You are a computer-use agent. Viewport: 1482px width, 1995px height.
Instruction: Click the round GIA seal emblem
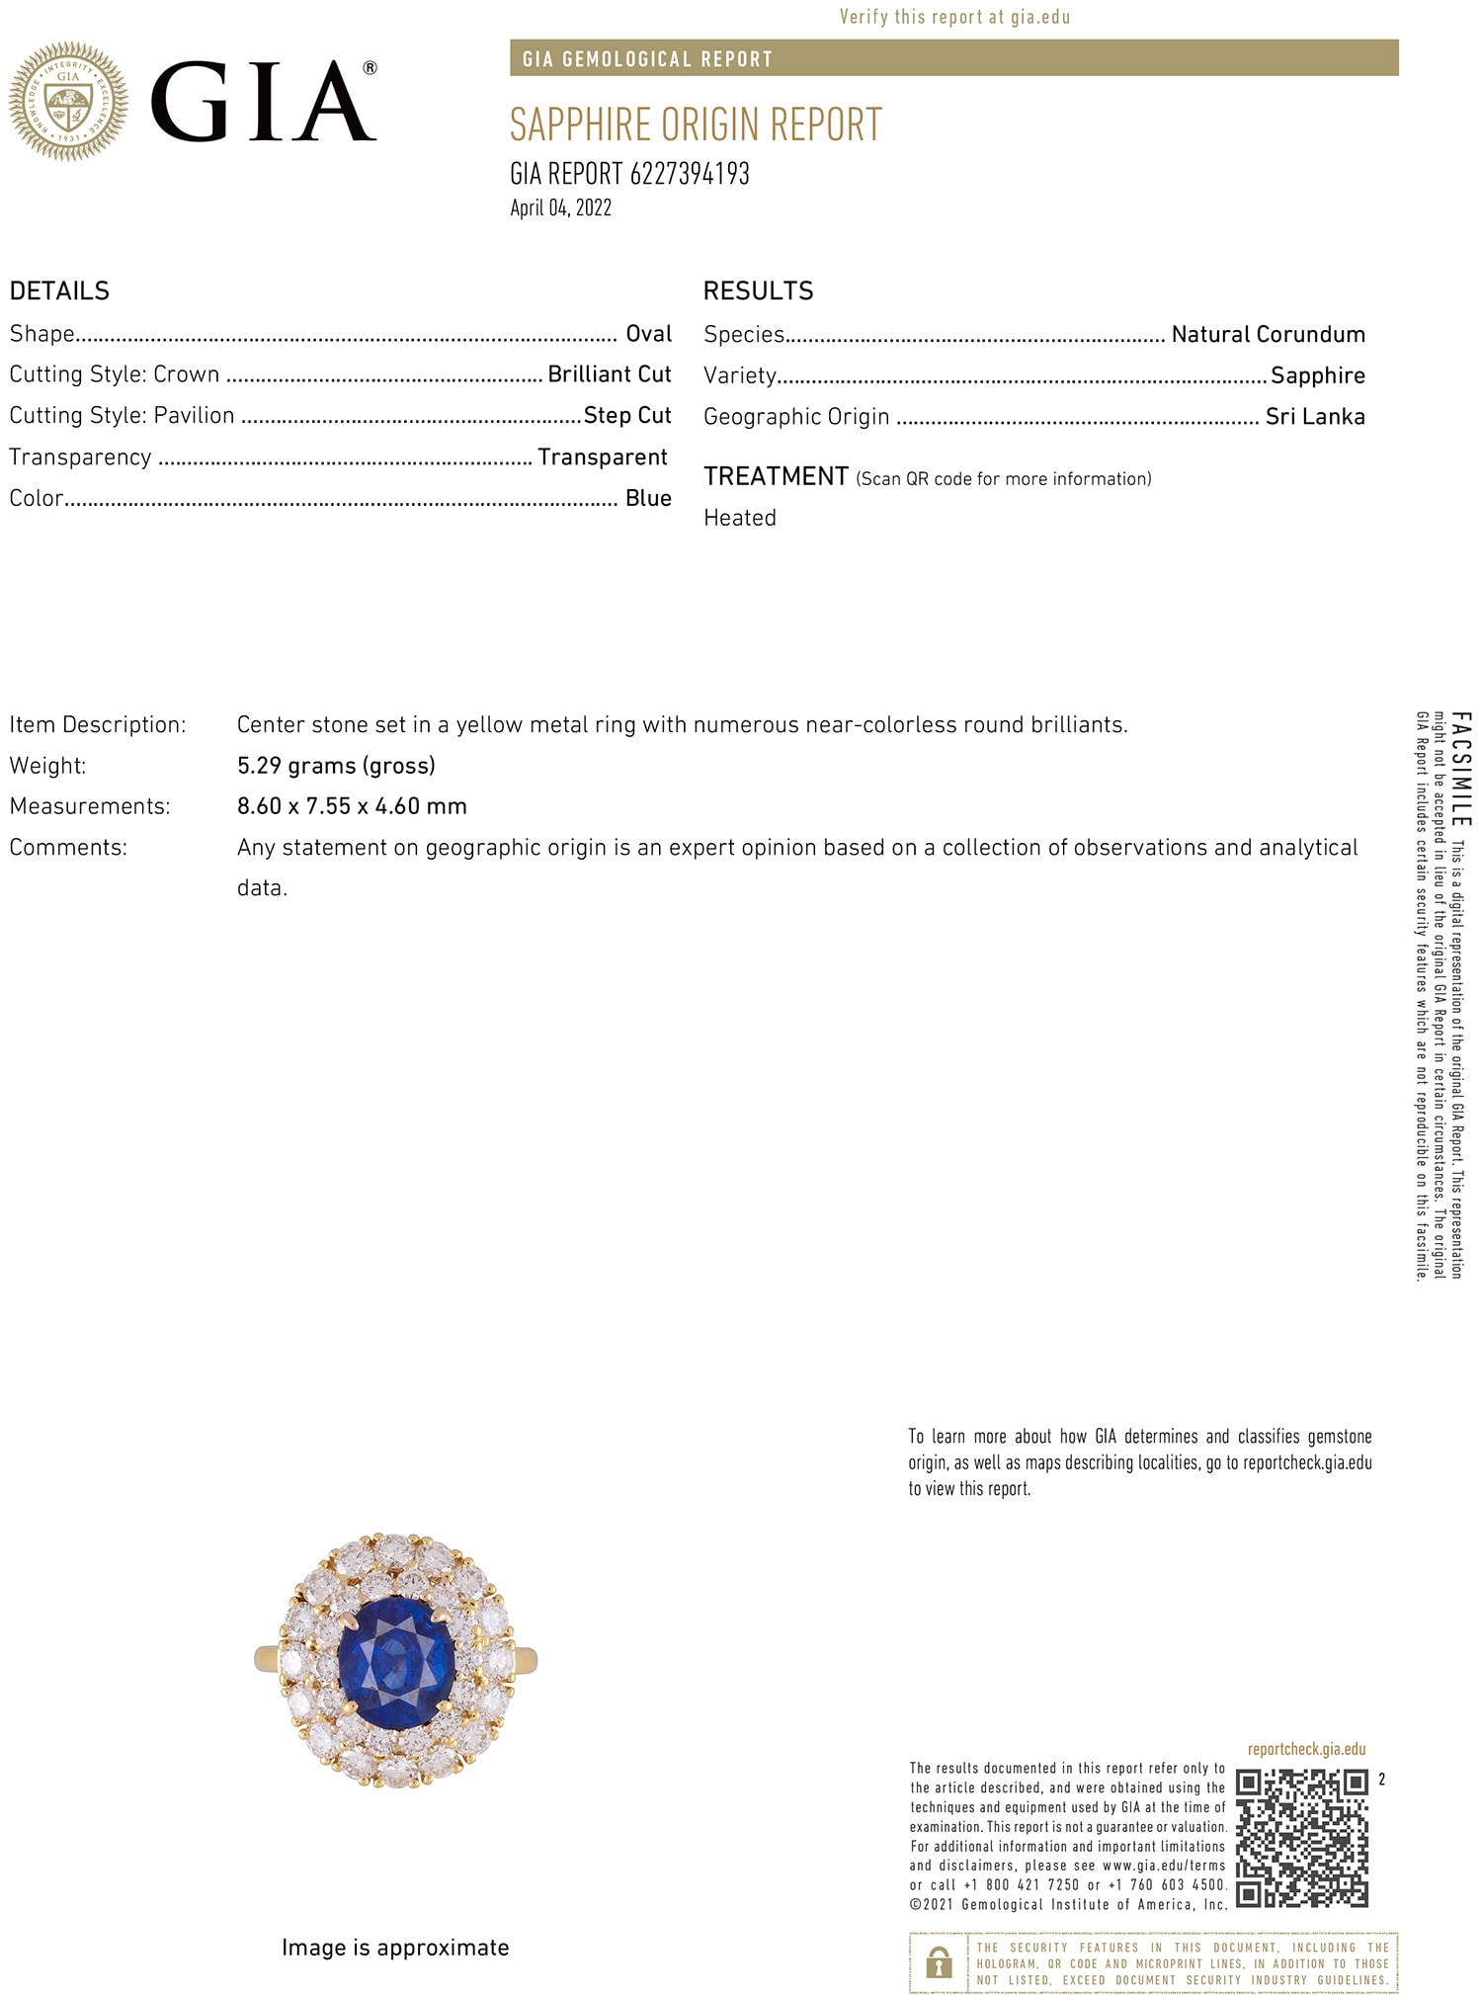click(x=68, y=101)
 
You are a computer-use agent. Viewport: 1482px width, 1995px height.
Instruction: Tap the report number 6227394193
click(x=689, y=174)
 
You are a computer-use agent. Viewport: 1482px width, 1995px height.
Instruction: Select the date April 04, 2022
click(x=560, y=208)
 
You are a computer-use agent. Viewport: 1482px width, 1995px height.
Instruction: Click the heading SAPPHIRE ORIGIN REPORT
click(x=695, y=125)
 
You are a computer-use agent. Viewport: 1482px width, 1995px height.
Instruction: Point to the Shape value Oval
click(x=648, y=334)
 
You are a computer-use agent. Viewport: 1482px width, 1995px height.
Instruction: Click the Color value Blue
click(x=648, y=498)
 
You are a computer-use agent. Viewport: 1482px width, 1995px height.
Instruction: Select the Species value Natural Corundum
click(x=1268, y=334)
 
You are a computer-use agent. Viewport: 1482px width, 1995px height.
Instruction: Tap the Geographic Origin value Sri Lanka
click(x=1315, y=416)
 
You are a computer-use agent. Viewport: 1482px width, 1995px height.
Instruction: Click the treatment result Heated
click(x=739, y=518)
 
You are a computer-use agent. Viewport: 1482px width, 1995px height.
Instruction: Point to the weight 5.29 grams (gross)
click(x=336, y=766)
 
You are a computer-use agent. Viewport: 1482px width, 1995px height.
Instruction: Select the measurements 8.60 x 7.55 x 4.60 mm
click(x=352, y=806)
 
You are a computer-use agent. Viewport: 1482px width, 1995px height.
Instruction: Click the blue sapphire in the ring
click(x=395, y=1662)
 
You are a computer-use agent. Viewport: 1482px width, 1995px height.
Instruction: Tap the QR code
click(x=1302, y=1838)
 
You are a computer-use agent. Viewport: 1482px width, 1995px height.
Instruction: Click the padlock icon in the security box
click(x=939, y=1962)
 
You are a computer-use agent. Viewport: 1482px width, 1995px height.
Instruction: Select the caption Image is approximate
click(x=395, y=1948)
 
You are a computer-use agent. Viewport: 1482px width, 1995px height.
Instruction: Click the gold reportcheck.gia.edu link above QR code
click(x=1306, y=1749)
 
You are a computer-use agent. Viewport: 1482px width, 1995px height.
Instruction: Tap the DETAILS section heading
click(x=59, y=291)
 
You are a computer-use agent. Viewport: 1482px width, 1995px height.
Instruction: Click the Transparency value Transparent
click(x=602, y=457)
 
